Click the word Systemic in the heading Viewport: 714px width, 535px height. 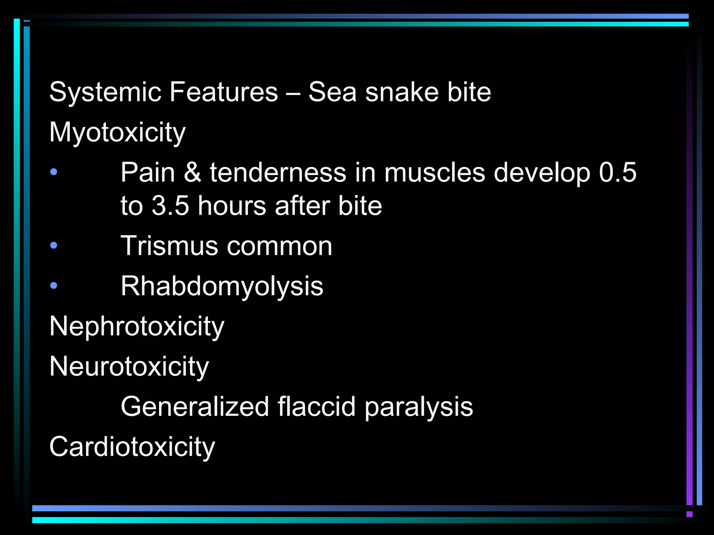pos(105,92)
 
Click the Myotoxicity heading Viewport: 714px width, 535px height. pos(117,133)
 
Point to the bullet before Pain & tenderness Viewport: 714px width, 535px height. pos(54,172)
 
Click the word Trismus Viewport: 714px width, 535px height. pos(169,246)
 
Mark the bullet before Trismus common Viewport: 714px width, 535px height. pos(54,246)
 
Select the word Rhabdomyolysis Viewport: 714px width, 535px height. pos(222,286)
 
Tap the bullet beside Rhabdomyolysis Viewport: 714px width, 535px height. pos(54,286)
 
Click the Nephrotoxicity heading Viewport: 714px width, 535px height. pos(137,326)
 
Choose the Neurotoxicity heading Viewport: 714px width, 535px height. pos(129,366)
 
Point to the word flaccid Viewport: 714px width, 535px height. pos(317,406)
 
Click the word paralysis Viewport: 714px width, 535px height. pos(419,406)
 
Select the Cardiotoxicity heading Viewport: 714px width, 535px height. pos(132,447)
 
